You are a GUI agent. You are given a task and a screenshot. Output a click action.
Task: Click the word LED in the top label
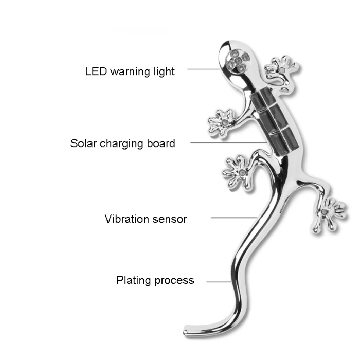point(95,71)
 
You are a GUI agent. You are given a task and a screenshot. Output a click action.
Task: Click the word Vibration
point(127,219)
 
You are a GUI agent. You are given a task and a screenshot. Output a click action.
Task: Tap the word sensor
point(170,219)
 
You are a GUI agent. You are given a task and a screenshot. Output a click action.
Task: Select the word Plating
point(133,280)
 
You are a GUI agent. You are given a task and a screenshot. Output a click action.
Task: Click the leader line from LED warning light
point(203,69)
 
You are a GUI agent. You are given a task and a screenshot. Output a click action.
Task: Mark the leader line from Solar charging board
point(226,142)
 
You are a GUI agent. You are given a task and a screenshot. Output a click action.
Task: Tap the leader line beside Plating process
point(218,281)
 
